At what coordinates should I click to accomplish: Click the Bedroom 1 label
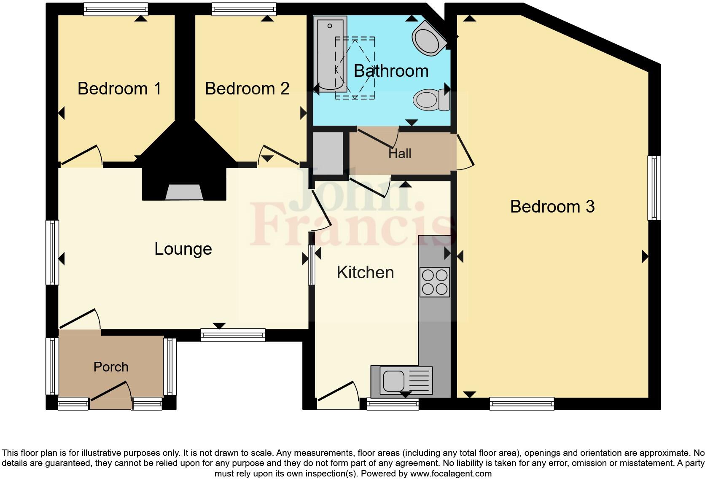[119, 89]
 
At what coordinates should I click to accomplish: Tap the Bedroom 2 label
[247, 89]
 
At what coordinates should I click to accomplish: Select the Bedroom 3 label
[552, 207]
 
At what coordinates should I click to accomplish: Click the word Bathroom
[391, 71]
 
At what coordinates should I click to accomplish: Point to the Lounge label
[183, 249]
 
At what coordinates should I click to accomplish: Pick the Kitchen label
[365, 272]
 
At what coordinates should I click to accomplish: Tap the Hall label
[399, 153]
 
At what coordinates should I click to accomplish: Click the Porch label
[111, 367]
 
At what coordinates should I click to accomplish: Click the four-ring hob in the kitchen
[435, 282]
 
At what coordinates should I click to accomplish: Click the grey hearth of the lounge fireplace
[184, 192]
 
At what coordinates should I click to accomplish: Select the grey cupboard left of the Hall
[328, 153]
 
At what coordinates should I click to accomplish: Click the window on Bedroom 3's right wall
[654, 188]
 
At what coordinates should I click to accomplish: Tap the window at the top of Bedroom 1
[116, 9]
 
